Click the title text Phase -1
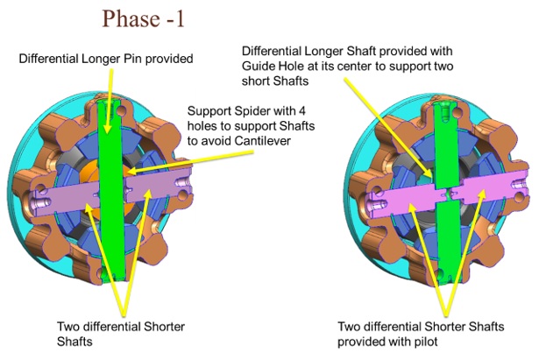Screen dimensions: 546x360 point(143,18)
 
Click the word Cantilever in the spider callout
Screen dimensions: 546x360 point(262,141)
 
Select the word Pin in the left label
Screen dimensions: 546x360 point(133,59)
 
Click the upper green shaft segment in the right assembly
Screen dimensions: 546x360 point(446,145)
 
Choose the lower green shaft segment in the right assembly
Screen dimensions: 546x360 point(449,240)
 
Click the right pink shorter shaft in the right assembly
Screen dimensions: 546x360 point(491,188)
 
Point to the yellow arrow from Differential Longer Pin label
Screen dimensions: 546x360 point(110,102)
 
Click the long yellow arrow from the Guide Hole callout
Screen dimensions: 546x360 point(389,127)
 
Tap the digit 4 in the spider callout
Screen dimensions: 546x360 point(301,111)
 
